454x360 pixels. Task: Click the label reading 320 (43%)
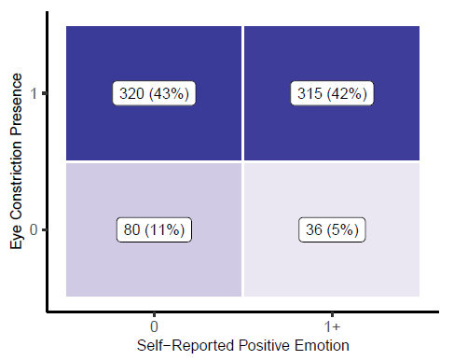154,93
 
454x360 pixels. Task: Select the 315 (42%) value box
331,93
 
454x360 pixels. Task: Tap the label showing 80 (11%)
154,229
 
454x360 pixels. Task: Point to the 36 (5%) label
331,229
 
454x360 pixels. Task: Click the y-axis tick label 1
33,94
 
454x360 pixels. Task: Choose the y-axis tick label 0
33,229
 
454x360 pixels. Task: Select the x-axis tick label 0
154,325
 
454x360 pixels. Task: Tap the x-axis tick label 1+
331,325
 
